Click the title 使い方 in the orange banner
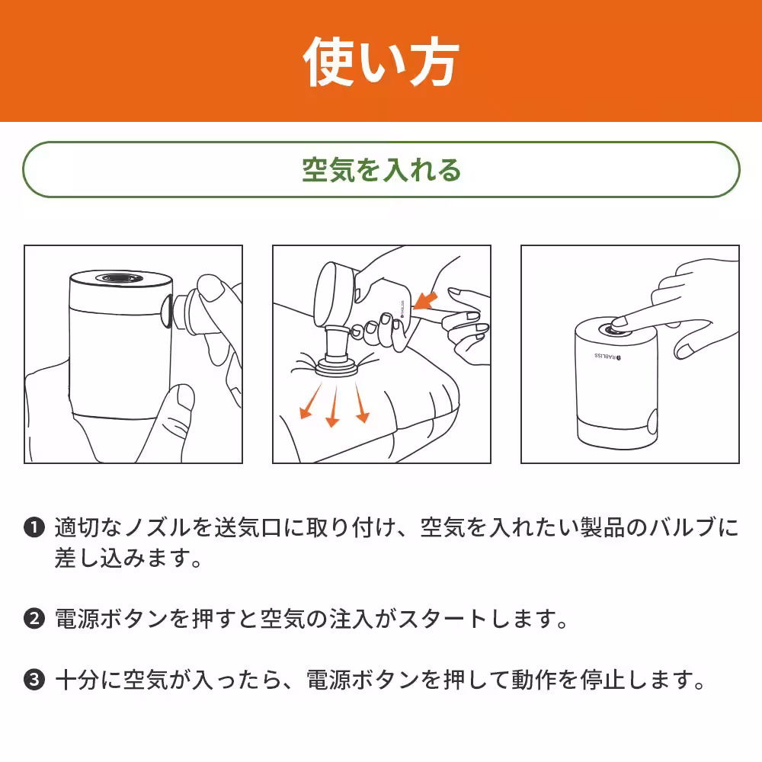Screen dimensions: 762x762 (381, 61)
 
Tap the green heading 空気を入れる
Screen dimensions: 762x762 (381, 170)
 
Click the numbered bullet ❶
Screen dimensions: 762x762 (34, 527)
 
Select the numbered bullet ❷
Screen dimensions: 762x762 (34, 618)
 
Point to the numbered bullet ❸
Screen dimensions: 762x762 (34, 679)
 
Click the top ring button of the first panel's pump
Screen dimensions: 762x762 (114, 280)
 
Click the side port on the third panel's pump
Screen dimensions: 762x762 (652, 420)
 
